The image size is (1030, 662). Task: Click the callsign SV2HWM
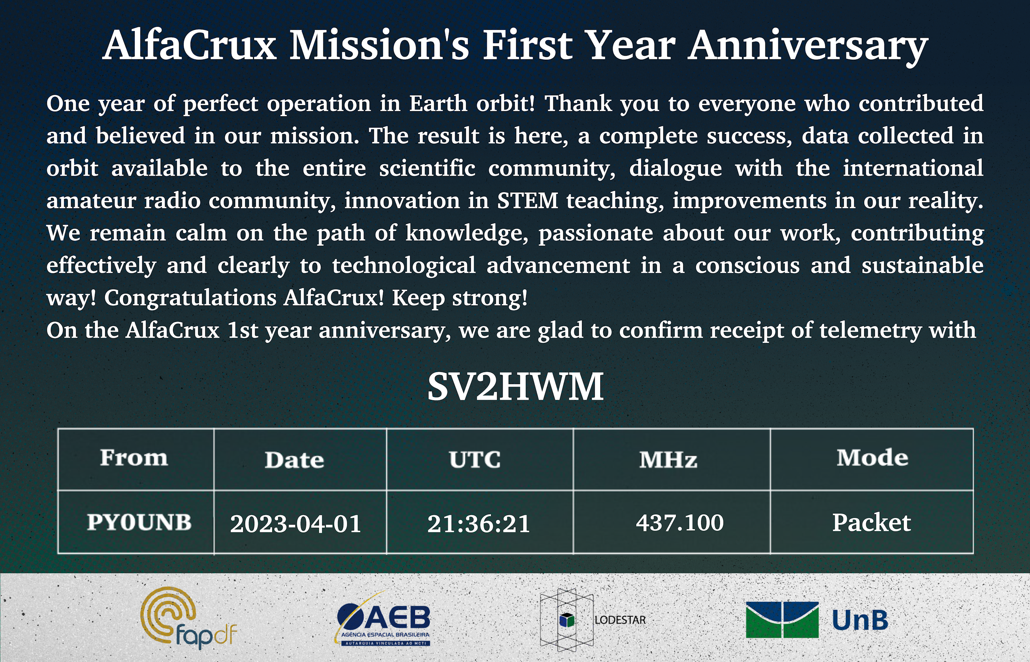(x=515, y=386)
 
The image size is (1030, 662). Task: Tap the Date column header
(x=294, y=460)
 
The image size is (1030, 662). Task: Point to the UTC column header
(x=475, y=460)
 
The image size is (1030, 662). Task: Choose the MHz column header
(x=668, y=460)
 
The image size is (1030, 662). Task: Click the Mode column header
(x=872, y=457)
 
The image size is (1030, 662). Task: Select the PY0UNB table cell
(x=139, y=522)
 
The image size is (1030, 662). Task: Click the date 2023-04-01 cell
(x=295, y=523)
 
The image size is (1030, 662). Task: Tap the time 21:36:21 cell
(x=479, y=523)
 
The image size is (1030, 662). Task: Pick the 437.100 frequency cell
(x=680, y=522)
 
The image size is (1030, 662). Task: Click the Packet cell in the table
(x=871, y=522)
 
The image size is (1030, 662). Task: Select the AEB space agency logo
(x=383, y=619)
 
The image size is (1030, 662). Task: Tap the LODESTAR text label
(x=620, y=620)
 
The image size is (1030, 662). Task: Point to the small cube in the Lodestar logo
(x=567, y=620)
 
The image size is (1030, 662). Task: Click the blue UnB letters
(x=860, y=620)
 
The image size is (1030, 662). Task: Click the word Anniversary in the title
(x=808, y=45)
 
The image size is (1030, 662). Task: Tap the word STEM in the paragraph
(x=528, y=200)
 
